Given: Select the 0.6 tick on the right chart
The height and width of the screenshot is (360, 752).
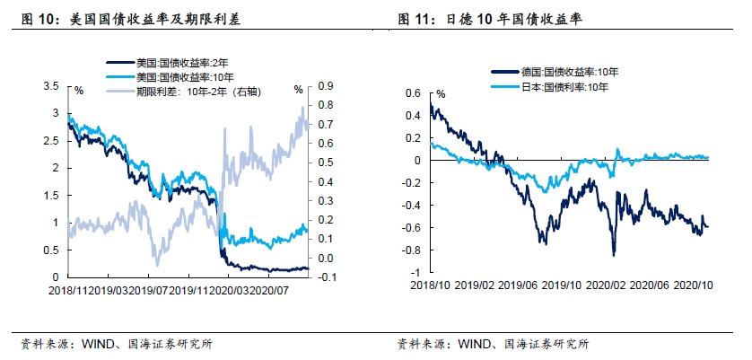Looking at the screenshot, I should (413, 92).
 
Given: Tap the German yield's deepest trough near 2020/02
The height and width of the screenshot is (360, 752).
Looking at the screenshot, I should (615, 256).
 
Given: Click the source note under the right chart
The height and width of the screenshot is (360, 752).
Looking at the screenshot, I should (493, 343).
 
